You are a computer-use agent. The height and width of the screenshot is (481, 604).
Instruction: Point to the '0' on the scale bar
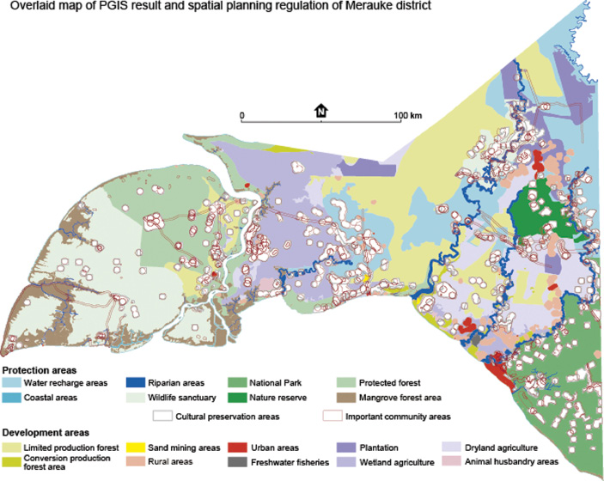point(242,114)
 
